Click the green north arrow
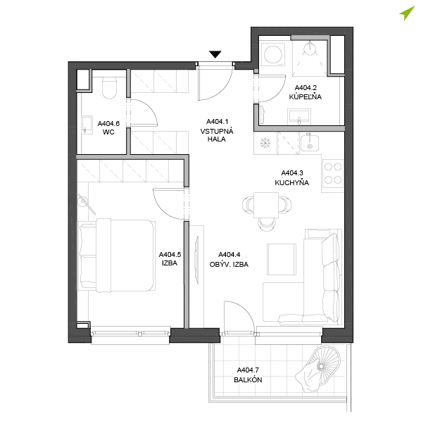point(406,13)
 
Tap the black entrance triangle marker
point(215,54)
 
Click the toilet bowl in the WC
point(109,87)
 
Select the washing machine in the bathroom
point(272,54)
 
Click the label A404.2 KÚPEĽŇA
point(306,92)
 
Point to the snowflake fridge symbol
point(265,143)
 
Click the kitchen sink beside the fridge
point(310,143)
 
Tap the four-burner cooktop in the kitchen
point(333,173)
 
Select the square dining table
point(266,205)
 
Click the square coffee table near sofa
point(282,259)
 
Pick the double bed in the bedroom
point(117,256)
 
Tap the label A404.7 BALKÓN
point(248,375)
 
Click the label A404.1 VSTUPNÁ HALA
point(217,130)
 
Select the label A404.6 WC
point(108,128)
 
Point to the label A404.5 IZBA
point(170,258)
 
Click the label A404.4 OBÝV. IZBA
point(229,259)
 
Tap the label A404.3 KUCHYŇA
point(292,177)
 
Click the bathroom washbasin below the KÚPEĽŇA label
point(299,117)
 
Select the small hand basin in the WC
point(87,125)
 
